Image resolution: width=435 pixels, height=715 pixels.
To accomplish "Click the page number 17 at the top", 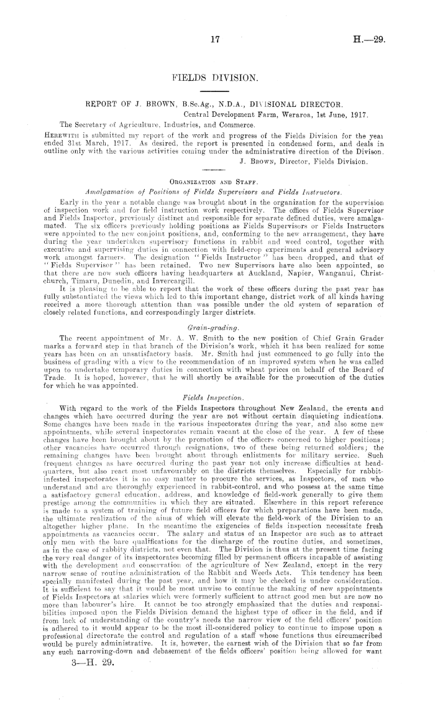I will click(216, 39).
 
